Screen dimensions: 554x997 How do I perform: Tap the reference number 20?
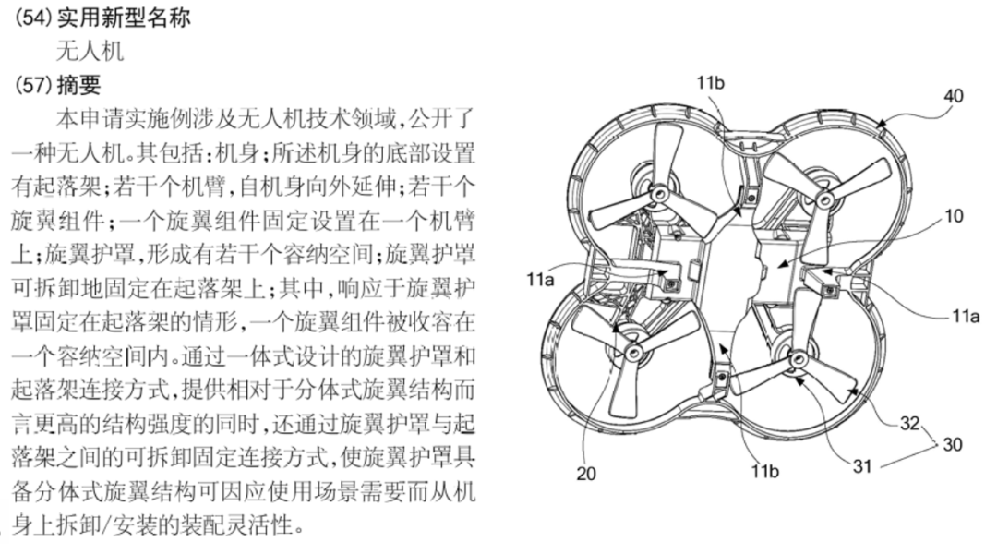585,475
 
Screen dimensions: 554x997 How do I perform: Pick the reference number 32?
909,425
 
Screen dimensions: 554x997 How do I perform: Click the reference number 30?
952,444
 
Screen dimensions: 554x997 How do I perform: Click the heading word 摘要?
78,85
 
